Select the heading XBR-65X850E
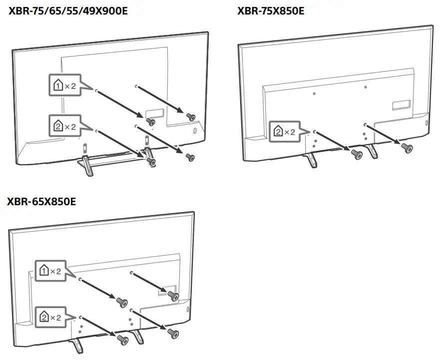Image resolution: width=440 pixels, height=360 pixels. click(x=41, y=201)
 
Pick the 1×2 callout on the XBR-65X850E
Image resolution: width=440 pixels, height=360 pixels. click(x=50, y=271)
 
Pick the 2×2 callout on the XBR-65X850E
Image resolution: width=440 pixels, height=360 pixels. click(x=50, y=317)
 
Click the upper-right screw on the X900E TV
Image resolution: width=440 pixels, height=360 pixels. click(x=190, y=116)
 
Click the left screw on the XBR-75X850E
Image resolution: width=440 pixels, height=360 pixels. click(x=357, y=154)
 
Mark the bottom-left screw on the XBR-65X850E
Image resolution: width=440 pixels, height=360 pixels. click(x=121, y=339)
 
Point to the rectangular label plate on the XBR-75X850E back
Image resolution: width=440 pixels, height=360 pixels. click(x=401, y=105)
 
